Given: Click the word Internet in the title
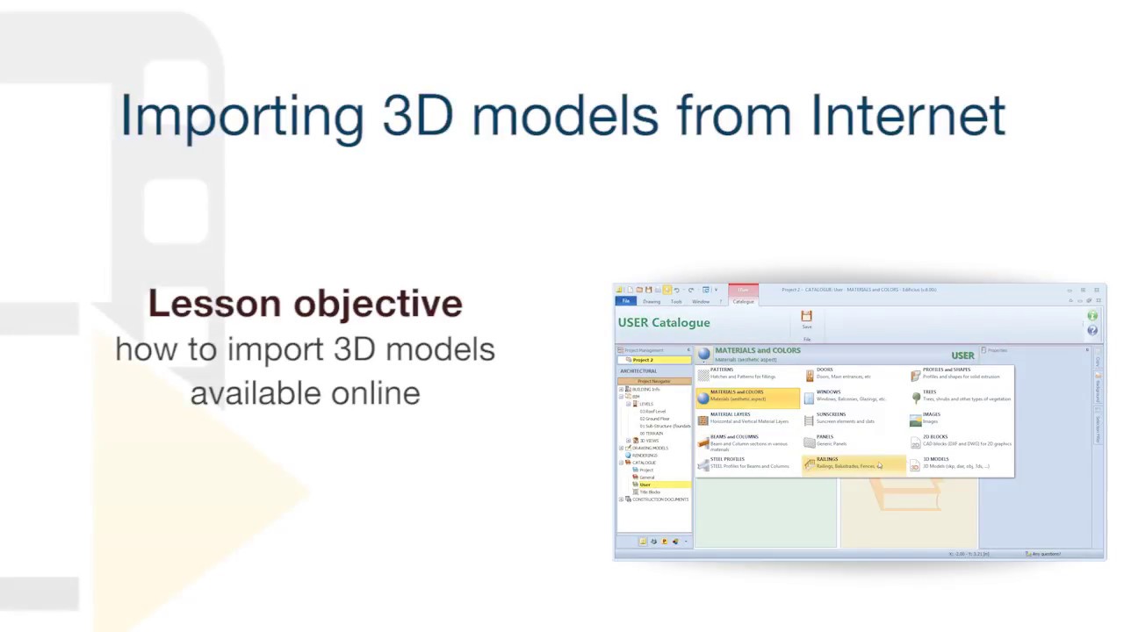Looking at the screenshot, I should tap(907, 115).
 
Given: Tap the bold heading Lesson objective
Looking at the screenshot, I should tap(305, 304).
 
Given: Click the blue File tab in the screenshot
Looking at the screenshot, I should tap(626, 301).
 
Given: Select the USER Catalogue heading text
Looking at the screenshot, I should tap(664, 322).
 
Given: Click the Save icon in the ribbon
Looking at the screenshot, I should tap(806, 318).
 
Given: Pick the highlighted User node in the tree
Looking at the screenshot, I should tap(645, 485).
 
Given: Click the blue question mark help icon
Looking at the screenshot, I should tap(1092, 330).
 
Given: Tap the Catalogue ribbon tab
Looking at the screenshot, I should tap(743, 301).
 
